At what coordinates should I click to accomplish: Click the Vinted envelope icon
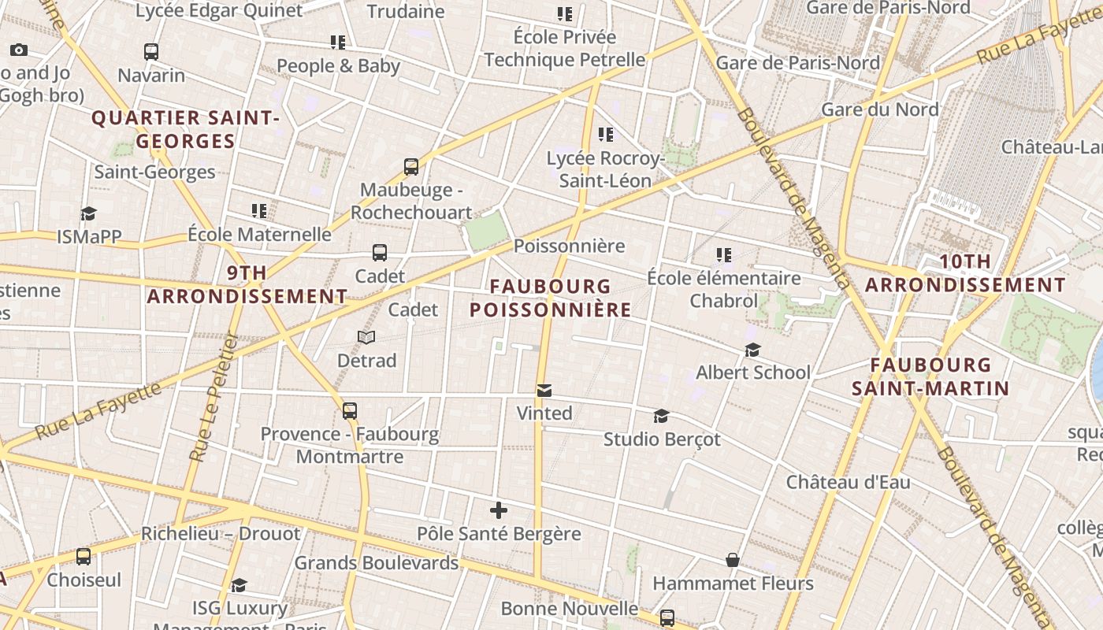coord(544,391)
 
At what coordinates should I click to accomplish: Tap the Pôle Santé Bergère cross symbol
coord(499,510)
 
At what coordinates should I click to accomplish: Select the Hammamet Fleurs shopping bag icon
coord(733,560)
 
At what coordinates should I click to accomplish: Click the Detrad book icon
coord(366,337)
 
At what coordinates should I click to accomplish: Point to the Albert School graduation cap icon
coord(753,350)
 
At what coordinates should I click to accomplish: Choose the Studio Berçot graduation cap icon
coord(662,416)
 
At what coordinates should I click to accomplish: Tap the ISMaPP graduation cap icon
coord(88,213)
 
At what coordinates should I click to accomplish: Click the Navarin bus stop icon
coord(151,52)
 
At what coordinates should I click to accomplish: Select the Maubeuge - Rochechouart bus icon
coord(411,167)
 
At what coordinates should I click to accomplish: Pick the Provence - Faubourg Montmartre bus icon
coord(350,410)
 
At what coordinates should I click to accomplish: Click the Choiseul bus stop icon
coord(84,557)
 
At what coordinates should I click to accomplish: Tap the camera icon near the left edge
coord(19,50)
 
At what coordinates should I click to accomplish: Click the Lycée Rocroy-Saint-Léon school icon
coord(605,135)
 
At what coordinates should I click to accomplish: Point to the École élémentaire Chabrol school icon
coord(724,254)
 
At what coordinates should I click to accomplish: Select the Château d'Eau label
coord(848,482)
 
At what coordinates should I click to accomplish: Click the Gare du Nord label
coord(880,109)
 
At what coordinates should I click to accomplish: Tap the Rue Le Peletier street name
coord(214,398)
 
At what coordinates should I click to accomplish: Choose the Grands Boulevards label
coord(376,563)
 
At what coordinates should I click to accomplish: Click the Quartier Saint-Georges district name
coord(186,130)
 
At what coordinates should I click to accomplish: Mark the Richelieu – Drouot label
coord(221,534)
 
